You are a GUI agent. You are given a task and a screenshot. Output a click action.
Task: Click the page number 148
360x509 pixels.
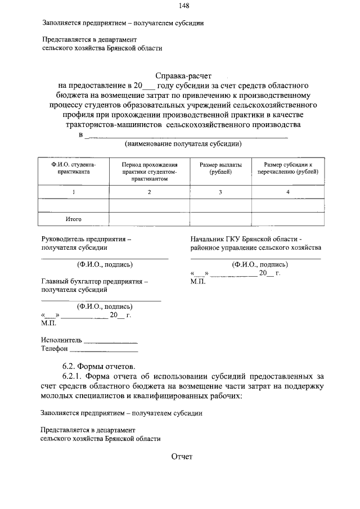click(x=183, y=6)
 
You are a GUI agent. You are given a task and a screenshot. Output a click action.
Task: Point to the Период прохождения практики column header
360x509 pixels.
click(x=149, y=171)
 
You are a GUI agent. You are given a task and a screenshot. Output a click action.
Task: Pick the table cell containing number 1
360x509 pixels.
click(x=73, y=192)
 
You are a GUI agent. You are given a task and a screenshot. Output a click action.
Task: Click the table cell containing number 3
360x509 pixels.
click(x=220, y=192)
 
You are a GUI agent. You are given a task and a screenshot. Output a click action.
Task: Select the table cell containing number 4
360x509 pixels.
click(x=287, y=192)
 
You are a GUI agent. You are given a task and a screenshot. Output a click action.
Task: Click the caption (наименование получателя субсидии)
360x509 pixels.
click(x=183, y=144)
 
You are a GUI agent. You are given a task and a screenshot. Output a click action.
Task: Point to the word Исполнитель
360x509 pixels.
click(x=61, y=340)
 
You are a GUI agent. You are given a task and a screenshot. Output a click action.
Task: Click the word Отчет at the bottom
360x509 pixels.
click(x=182, y=457)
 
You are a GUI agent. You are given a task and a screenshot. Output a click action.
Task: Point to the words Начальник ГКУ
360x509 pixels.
click(x=216, y=238)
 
